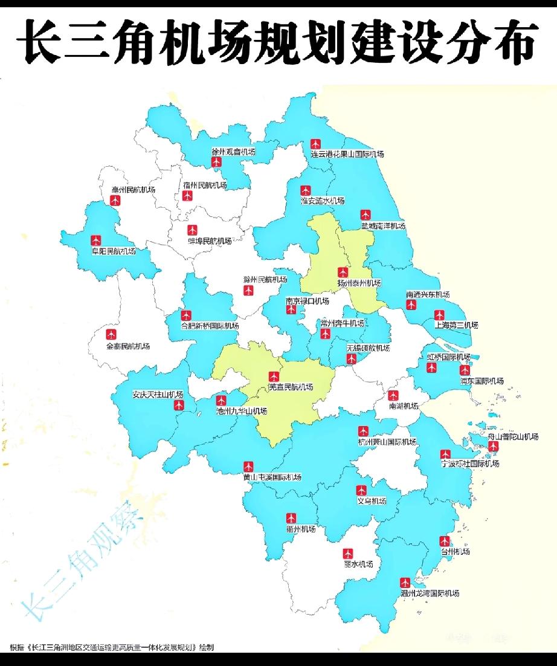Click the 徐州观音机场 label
(233, 152)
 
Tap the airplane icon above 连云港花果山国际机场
(315, 144)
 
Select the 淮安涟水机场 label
(323, 201)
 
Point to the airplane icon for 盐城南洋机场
(365, 215)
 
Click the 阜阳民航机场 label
(113, 251)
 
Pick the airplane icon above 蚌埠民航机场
(192, 230)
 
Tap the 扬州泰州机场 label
(359, 283)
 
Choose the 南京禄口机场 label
(307, 300)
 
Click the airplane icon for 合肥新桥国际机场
(186, 315)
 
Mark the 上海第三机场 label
(456, 325)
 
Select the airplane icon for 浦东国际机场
(465, 370)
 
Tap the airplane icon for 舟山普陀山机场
(493, 446)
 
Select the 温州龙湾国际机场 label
(430, 593)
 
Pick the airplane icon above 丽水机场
(348, 553)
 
